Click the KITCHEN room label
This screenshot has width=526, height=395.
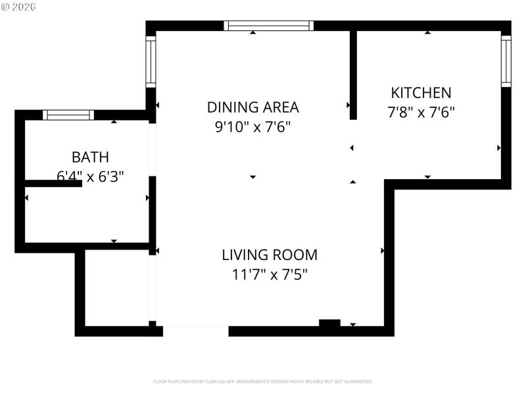(x=421, y=93)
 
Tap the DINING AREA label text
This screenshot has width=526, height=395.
(x=252, y=107)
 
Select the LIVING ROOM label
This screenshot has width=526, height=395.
(x=269, y=255)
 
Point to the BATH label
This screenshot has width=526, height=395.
(x=90, y=157)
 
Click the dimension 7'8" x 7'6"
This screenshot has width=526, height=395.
(x=421, y=112)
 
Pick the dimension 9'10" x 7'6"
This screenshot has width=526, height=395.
(x=252, y=126)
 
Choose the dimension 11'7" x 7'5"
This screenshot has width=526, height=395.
(x=269, y=274)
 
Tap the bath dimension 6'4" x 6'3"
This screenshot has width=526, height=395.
(x=90, y=176)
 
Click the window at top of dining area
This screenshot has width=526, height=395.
(x=268, y=26)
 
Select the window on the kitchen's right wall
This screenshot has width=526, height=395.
(x=506, y=61)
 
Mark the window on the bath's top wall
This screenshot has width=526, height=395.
(x=68, y=115)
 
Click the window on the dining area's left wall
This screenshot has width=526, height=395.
(x=151, y=61)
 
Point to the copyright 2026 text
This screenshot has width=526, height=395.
(x=19, y=7)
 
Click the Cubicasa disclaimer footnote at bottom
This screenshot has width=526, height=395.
(x=262, y=381)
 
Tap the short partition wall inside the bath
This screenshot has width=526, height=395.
(x=53, y=184)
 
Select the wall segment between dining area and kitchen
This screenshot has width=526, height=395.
(x=353, y=74)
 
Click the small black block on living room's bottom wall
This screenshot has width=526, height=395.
(x=329, y=323)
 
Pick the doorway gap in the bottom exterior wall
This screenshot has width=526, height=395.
(x=195, y=331)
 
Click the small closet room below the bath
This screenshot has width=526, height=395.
(x=117, y=288)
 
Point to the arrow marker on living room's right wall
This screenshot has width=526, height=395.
(x=383, y=251)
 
